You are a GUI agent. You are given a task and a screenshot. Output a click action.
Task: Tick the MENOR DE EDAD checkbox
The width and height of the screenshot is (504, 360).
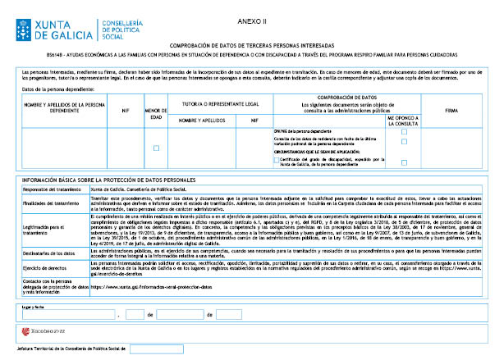157,148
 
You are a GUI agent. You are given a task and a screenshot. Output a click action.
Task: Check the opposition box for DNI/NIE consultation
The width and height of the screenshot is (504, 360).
404,131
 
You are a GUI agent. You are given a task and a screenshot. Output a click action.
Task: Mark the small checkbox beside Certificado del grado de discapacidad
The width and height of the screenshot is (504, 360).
276,160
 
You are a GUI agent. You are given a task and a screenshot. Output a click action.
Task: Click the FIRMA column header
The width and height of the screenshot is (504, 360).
451,109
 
